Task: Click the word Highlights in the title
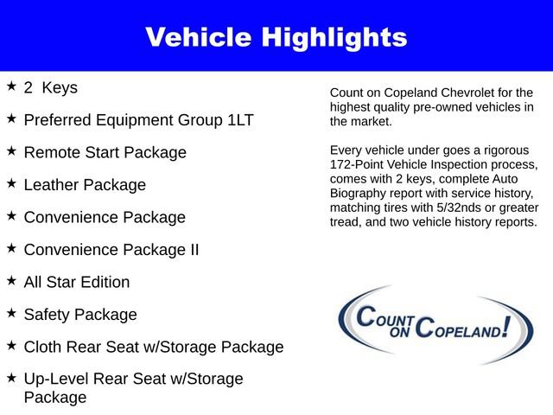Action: [335, 37]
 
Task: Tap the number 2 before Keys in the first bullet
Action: [29, 87]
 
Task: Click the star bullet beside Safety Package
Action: [11, 313]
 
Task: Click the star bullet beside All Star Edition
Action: [11, 281]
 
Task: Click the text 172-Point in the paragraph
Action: [358, 164]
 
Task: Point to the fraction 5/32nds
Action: [464, 208]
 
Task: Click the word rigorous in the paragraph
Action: [507, 150]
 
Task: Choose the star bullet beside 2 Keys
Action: [11, 86]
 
